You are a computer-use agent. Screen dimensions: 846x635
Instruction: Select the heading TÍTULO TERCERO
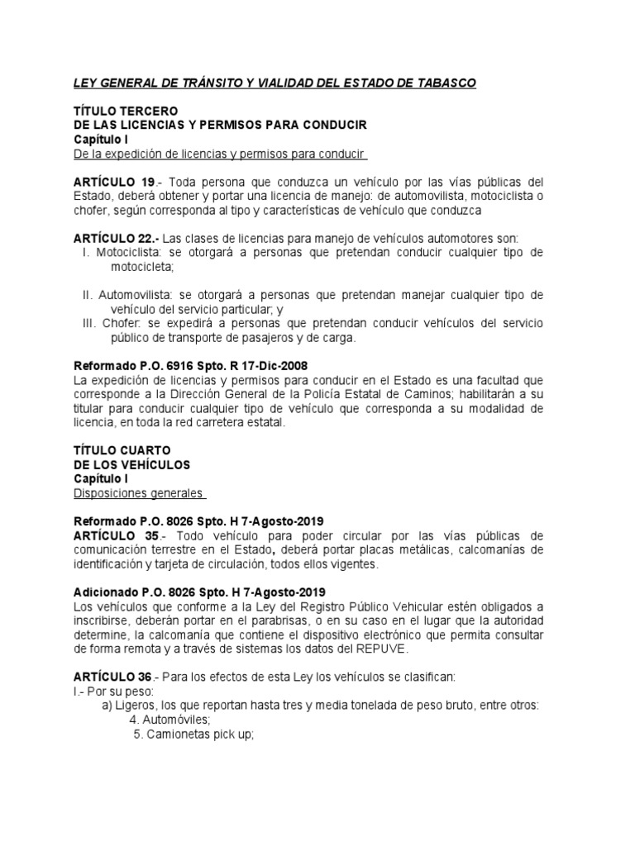click(125, 111)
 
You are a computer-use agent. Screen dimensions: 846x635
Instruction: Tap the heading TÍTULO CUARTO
click(122, 449)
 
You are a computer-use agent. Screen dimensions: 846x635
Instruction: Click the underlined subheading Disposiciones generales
click(138, 493)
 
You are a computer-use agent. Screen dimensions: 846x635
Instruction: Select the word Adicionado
click(107, 592)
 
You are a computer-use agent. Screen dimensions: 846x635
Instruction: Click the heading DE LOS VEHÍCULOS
click(131, 464)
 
